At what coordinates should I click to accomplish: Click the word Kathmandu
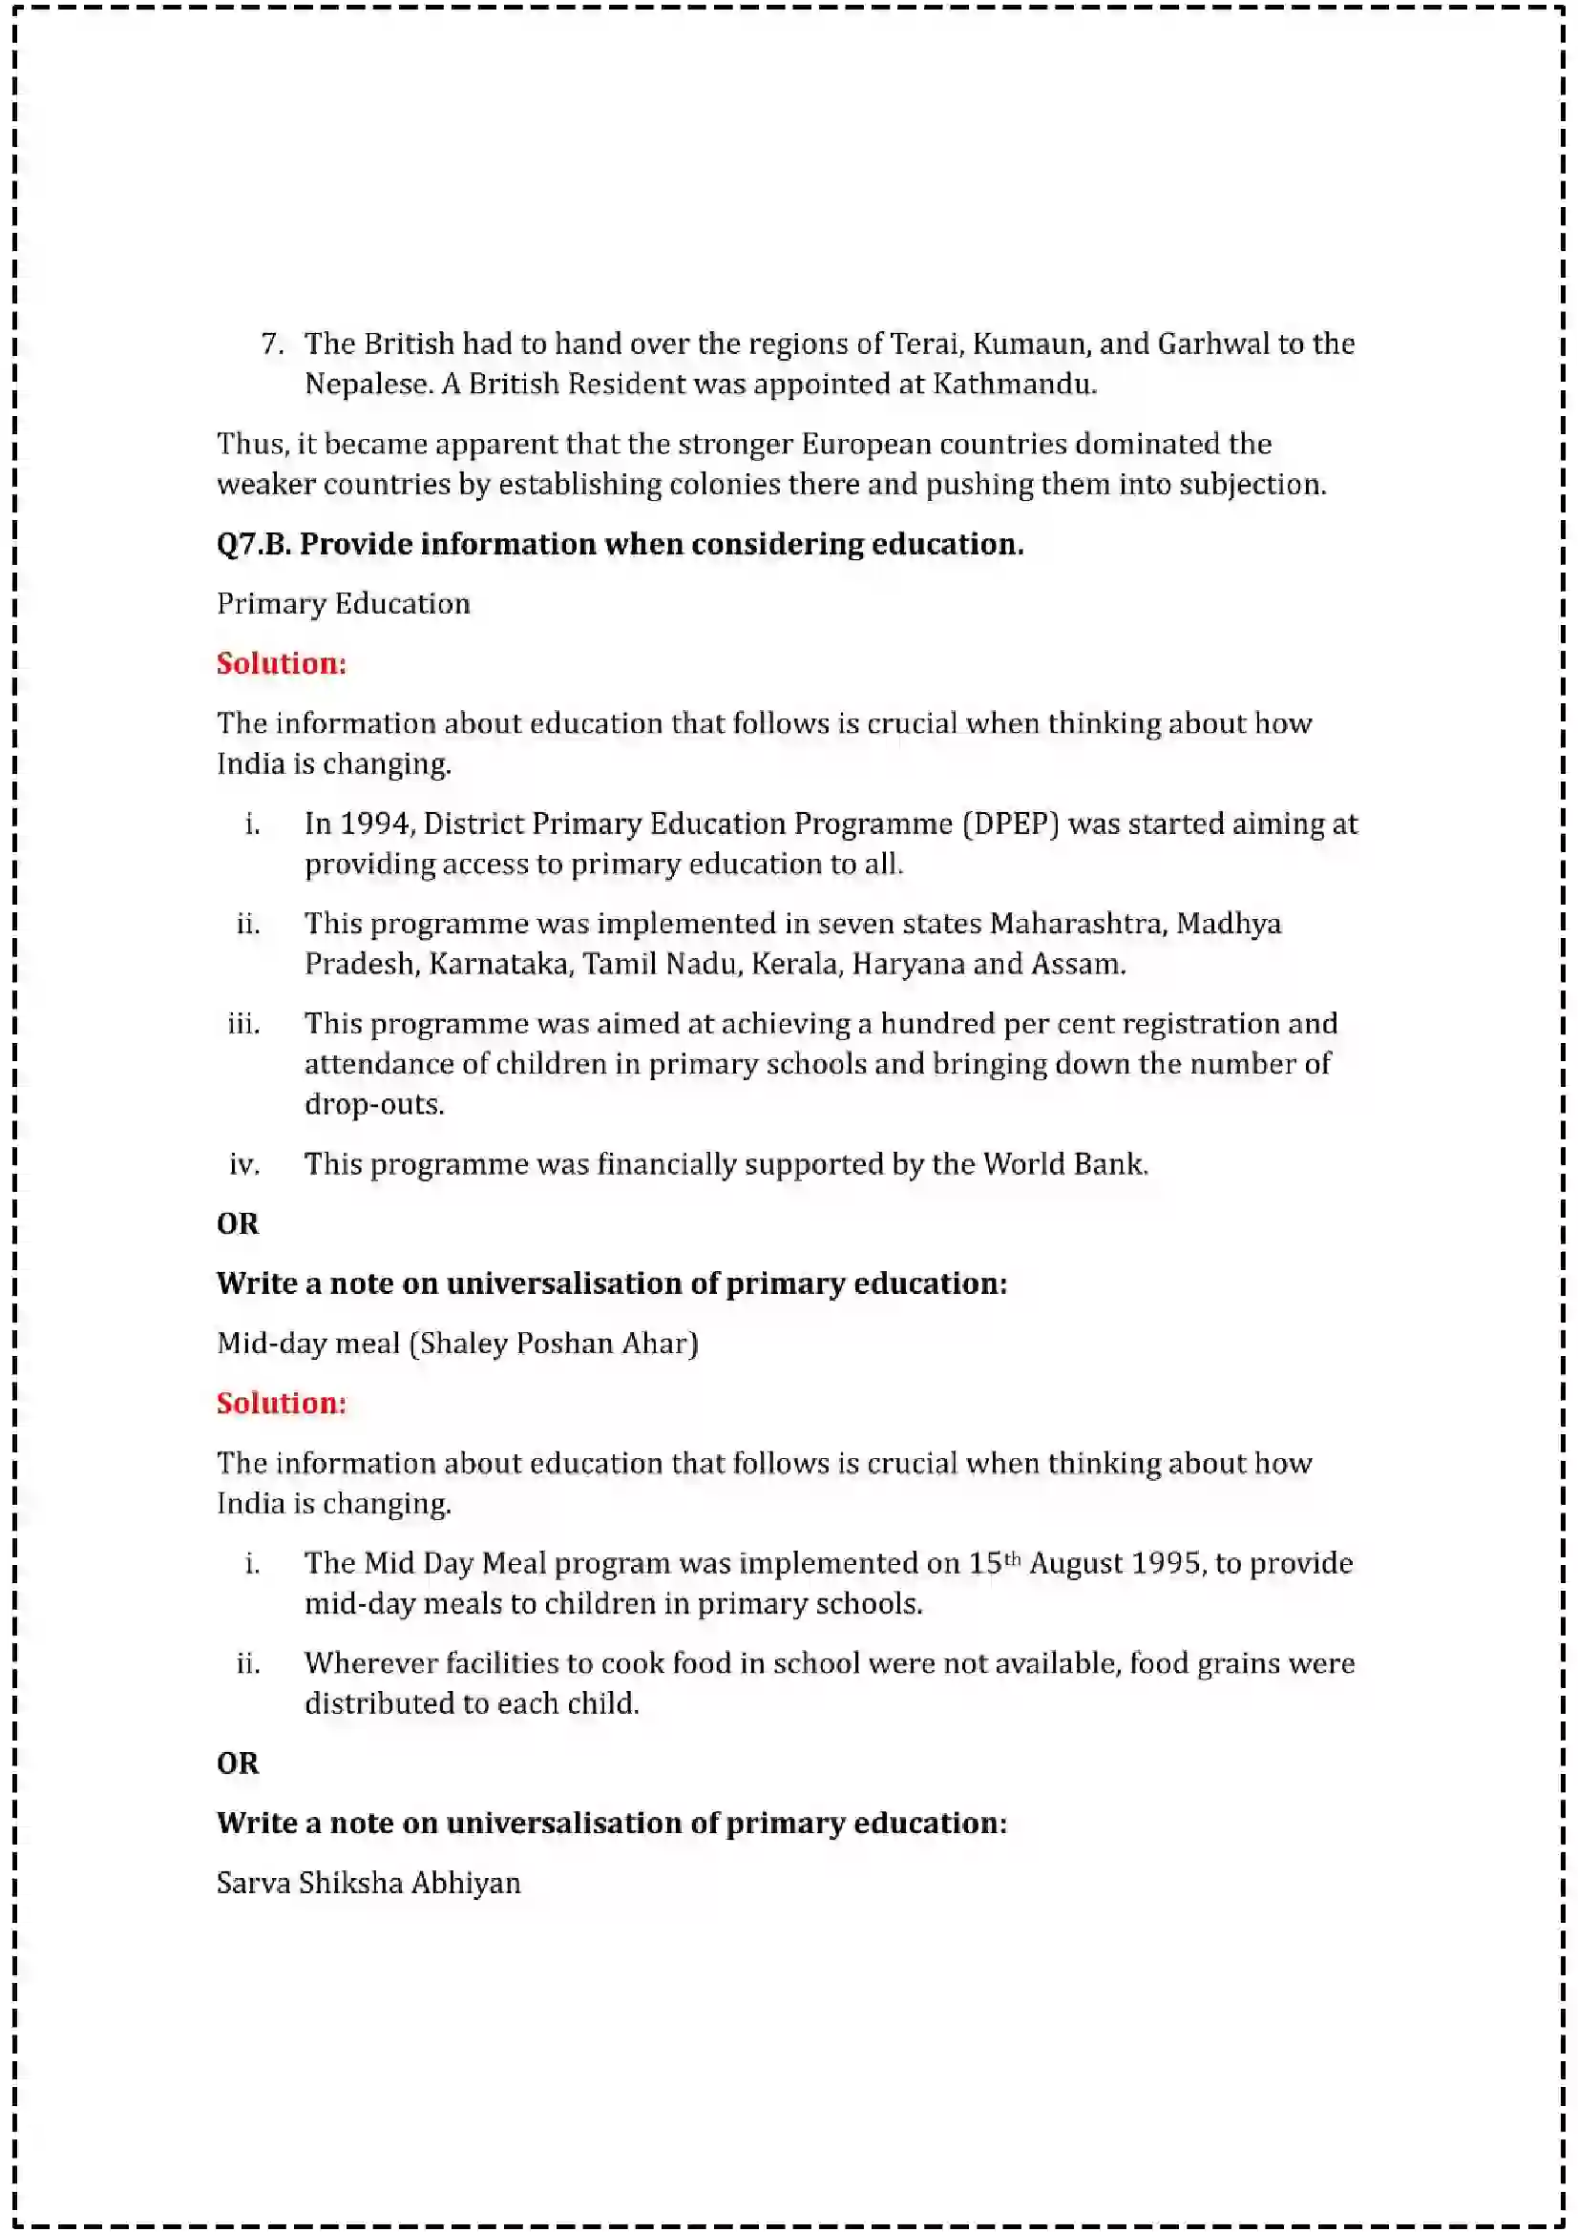[1013, 384]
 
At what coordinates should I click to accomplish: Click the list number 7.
[271, 344]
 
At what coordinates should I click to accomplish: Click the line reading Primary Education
[344, 604]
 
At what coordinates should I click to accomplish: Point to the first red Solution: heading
[281, 664]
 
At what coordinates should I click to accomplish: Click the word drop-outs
[373, 1105]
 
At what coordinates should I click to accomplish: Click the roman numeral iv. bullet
[244, 1164]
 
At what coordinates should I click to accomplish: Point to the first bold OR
[239, 1224]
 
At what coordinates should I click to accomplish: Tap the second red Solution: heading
[281, 1404]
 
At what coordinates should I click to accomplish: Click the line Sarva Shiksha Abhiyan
[368, 1883]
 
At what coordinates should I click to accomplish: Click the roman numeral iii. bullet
[243, 1025]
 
